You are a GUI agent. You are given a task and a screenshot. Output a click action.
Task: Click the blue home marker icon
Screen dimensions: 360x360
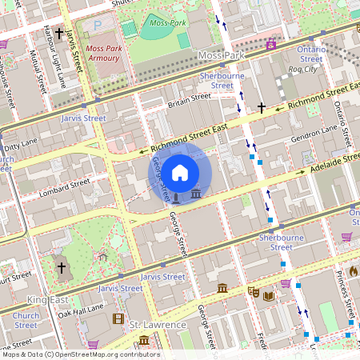pos(180,172)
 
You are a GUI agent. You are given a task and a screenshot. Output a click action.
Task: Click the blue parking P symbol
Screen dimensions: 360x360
pos(98,26)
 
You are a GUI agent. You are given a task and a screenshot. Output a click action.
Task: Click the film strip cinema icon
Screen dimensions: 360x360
pos(118,319)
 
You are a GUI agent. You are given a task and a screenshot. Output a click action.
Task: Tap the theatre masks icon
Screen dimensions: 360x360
pos(254,292)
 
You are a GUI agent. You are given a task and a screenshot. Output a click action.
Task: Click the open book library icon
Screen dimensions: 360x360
pos(269,296)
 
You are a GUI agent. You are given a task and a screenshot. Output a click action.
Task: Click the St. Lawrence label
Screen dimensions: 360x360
pos(158,325)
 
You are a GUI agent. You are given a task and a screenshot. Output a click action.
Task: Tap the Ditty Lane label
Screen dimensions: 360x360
pos(22,147)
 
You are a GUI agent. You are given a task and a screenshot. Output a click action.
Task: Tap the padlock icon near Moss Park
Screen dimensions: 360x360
pos(271,43)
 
